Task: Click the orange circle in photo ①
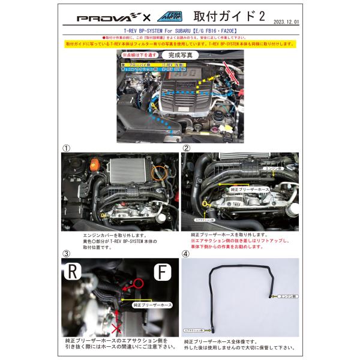pyautogui.click(x=160, y=175)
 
